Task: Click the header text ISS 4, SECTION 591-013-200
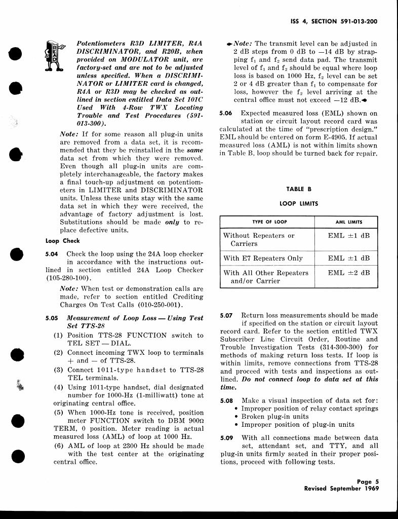click(335, 22)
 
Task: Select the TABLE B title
click(299, 189)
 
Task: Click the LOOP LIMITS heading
click(298, 203)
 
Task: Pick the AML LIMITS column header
click(349, 222)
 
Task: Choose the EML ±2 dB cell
click(349, 273)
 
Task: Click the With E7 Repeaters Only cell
click(263, 258)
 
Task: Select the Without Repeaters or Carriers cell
click(259, 239)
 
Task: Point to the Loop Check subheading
click(62, 241)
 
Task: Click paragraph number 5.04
click(52, 254)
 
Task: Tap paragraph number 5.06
click(226, 114)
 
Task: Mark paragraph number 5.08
click(226, 400)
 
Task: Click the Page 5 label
click(368, 482)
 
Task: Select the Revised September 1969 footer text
click(341, 489)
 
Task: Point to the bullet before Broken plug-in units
click(236, 417)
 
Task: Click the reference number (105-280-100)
click(69, 278)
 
